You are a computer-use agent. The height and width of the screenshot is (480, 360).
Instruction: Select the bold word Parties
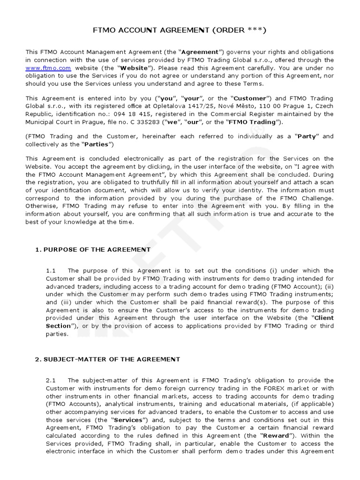(x=96, y=144)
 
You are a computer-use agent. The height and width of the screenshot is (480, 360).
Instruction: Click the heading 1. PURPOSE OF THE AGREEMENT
(x=93, y=249)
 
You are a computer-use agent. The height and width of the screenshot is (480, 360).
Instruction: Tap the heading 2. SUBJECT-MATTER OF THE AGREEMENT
(x=107, y=359)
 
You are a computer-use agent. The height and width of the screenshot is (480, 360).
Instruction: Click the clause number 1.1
(x=51, y=270)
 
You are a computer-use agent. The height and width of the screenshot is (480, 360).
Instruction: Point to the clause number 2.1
(x=51, y=380)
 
